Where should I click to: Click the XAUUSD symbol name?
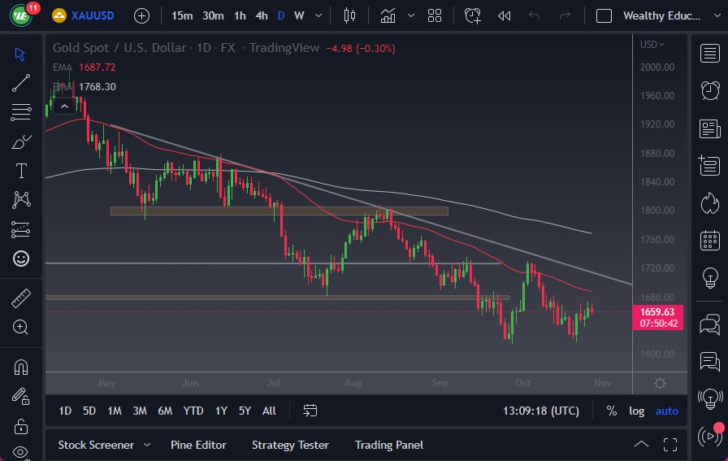tap(93, 15)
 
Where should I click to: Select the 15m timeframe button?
tap(183, 15)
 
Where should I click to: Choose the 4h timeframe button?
tap(261, 15)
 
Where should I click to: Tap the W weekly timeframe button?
tap(299, 15)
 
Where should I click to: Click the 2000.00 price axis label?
tap(657, 67)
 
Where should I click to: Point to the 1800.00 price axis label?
tap(657, 211)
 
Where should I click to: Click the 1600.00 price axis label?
tap(657, 354)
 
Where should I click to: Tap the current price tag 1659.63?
tap(658, 311)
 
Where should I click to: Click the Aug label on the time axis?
tap(353, 382)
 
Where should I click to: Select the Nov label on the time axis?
tap(602, 382)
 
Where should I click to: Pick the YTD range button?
tap(193, 411)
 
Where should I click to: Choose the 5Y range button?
tap(245, 411)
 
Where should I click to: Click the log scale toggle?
tap(637, 411)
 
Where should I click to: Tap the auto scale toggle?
tap(667, 411)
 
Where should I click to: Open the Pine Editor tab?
tap(198, 445)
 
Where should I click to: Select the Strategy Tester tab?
tap(290, 445)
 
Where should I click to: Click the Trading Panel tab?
tap(389, 445)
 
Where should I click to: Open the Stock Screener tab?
tap(96, 445)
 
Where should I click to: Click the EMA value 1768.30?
tap(97, 86)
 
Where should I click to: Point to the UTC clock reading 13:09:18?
tap(541, 411)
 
